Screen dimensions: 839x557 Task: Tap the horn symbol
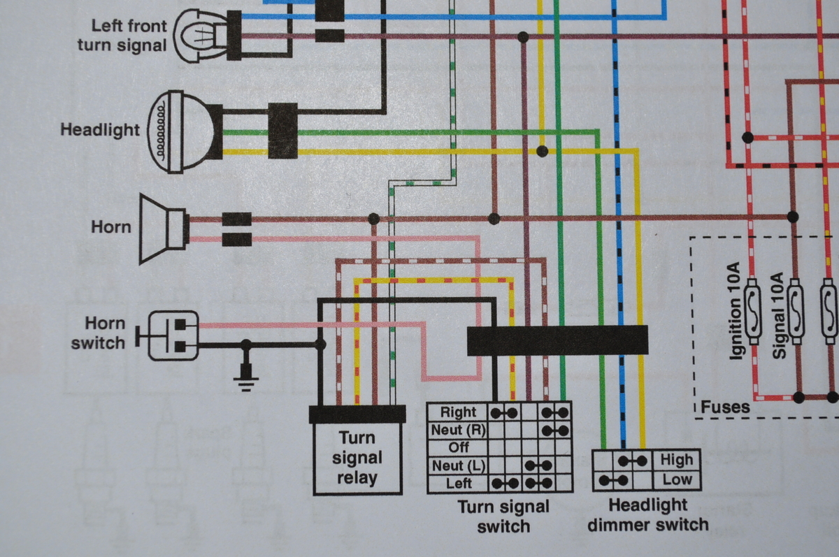164,229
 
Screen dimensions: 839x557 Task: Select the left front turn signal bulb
202,36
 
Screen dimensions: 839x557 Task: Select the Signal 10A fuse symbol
796,312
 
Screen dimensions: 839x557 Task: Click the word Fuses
725,407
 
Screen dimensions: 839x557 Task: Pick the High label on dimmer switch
677,459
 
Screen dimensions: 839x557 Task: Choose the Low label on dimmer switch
677,479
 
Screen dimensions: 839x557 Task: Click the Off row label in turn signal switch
459,447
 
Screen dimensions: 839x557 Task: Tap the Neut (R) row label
459,430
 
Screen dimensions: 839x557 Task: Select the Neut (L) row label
459,466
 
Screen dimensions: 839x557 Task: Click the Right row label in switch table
459,412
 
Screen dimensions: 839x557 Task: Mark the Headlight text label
100,130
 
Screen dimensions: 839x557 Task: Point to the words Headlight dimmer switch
648,514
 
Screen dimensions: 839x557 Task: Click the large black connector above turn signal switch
557,340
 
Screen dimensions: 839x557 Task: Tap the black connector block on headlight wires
283,131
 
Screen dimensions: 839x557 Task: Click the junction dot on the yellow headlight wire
542,151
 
